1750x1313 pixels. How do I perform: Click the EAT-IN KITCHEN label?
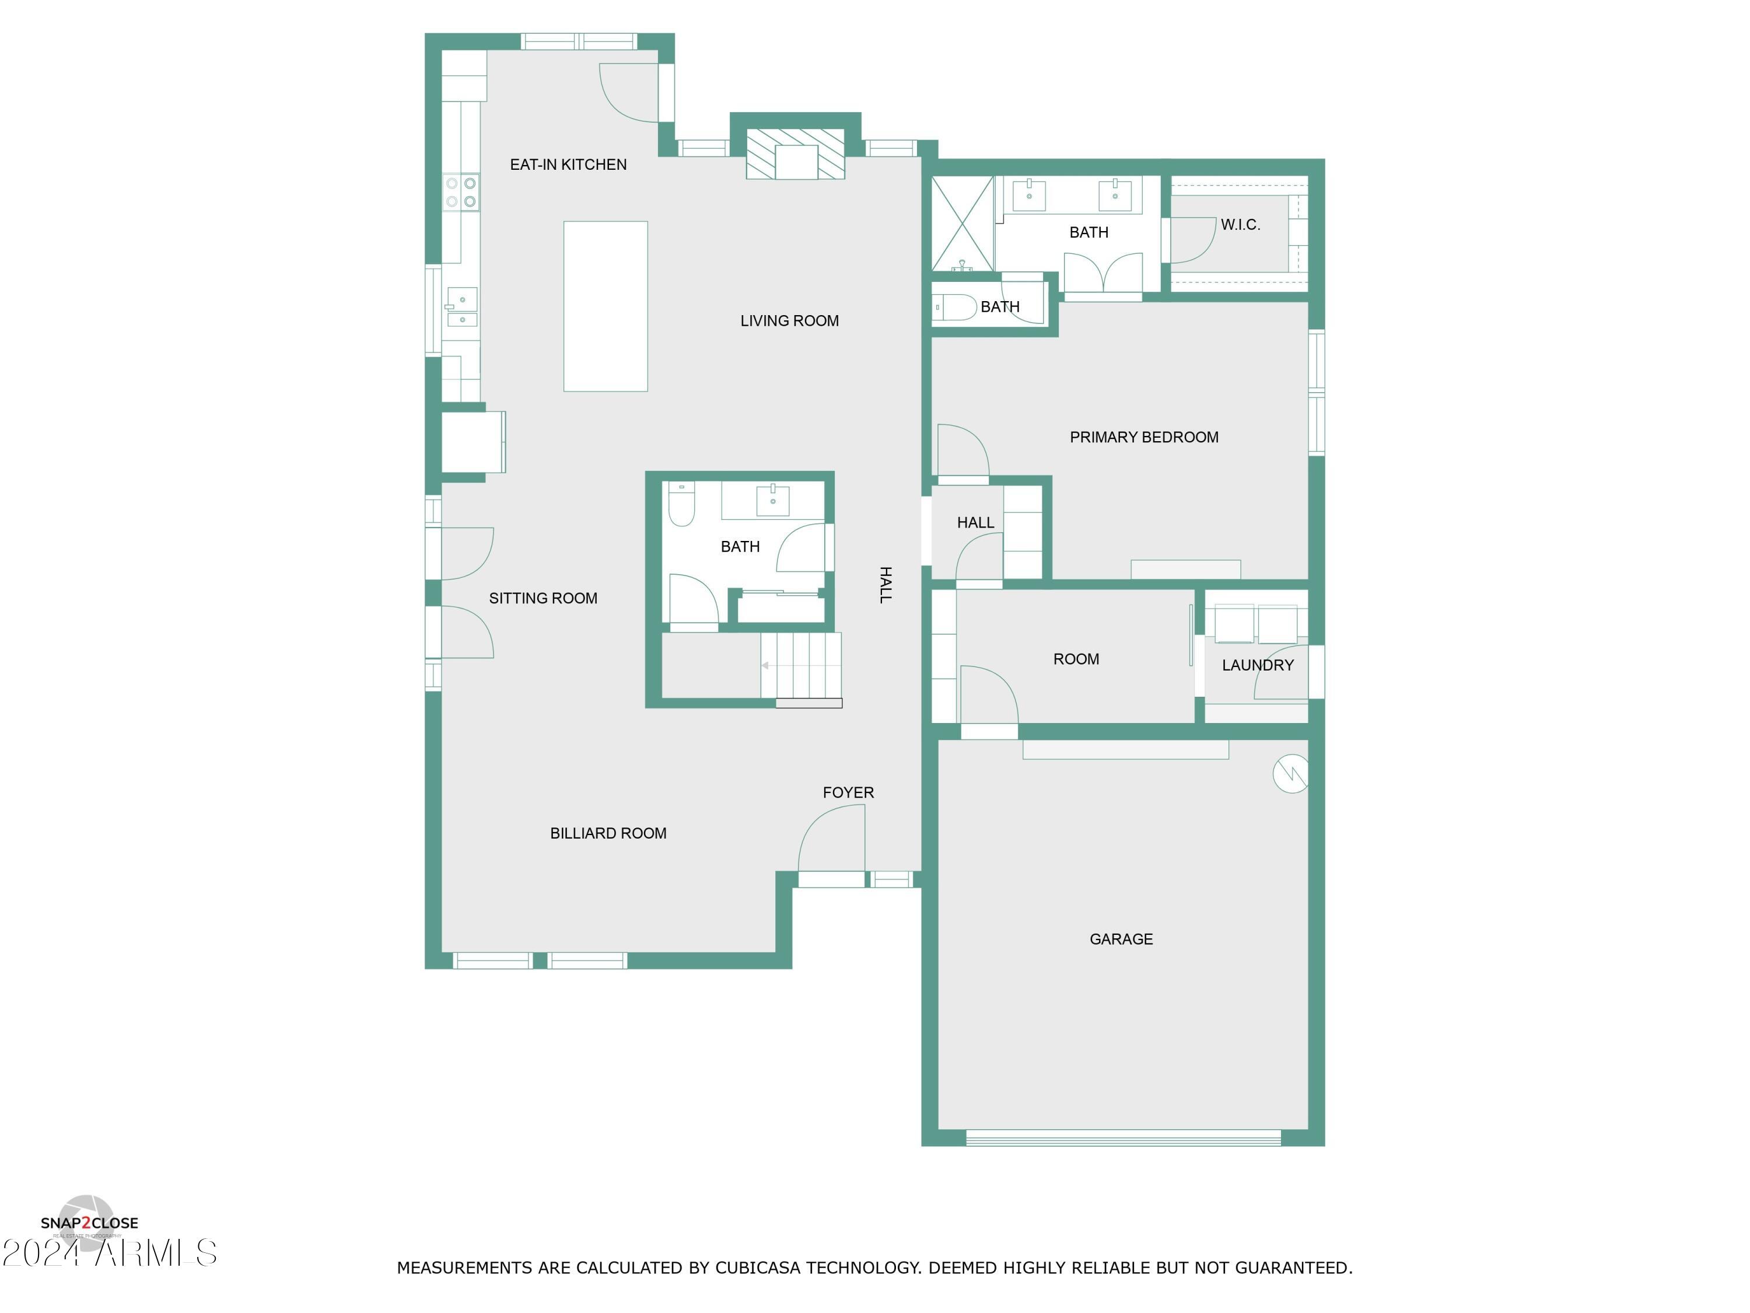pyautogui.click(x=568, y=165)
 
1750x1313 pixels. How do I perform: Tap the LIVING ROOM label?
pyautogui.click(x=789, y=320)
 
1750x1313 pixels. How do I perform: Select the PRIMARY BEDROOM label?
pyautogui.click(x=1143, y=437)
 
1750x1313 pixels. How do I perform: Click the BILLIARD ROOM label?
pyautogui.click(x=608, y=833)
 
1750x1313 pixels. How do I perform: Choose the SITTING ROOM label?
pyautogui.click(x=542, y=598)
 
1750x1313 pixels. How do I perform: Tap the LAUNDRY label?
pyautogui.click(x=1257, y=665)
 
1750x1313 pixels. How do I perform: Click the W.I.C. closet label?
pyautogui.click(x=1240, y=225)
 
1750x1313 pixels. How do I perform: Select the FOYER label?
pyautogui.click(x=848, y=792)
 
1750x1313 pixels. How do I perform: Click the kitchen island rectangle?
pyautogui.click(x=605, y=306)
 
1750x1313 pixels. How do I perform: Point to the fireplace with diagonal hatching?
pyautogui.click(x=795, y=153)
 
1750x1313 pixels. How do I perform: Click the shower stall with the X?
pyautogui.click(x=962, y=224)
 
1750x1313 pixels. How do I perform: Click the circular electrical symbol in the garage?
pyautogui.click(x=1290, y=773)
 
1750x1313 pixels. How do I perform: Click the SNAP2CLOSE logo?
pyautogui.click(x=89, y=1223)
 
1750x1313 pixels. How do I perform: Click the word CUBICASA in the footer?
pyautogui.click(x=757, y=1267)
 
